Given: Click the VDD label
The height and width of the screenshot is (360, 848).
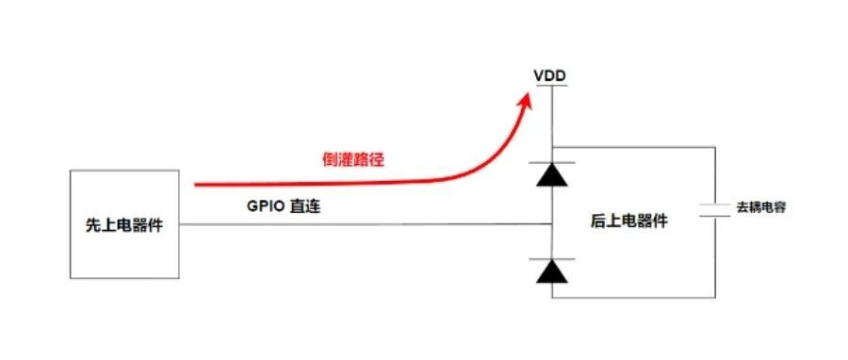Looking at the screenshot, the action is pos(550,76).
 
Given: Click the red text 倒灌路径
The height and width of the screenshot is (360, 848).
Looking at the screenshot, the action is pos(352,160).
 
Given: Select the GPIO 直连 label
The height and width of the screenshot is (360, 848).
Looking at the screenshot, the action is pos(284,206).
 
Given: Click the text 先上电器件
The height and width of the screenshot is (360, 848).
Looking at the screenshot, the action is pos(124,225).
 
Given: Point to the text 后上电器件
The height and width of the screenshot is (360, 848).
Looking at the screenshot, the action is pos(629,221).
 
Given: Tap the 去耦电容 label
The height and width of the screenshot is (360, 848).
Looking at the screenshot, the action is pos(761,207).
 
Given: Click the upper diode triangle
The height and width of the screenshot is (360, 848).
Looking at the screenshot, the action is pos(552,174).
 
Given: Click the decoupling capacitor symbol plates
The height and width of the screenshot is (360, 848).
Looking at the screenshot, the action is pos(715,211).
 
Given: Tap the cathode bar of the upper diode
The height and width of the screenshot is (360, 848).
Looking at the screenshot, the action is pos(552,163).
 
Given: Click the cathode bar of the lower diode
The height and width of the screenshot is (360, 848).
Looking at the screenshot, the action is pos(552,259).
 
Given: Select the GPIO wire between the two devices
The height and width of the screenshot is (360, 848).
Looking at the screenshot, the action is pos(366,224).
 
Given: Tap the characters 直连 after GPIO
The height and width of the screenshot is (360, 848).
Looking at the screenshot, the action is pos(305,206).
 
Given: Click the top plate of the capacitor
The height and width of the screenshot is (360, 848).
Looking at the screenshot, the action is pos(715,205).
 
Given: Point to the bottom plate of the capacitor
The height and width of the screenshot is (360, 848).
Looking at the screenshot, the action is pos(715,216).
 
